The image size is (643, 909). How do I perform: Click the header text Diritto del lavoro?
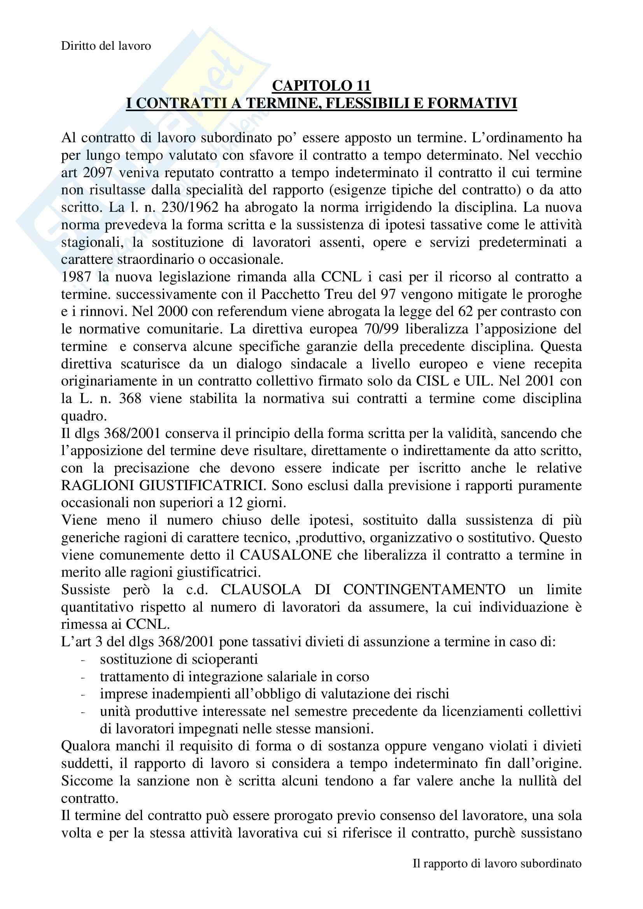tap(106, 46)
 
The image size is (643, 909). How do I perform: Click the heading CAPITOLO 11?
tap(321, 85)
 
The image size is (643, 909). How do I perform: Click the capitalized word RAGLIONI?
tap(92, 485)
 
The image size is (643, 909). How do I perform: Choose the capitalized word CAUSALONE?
tap(286, 555)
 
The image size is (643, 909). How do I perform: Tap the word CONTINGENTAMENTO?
tap(424, 590)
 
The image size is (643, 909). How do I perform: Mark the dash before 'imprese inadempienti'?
tap(83, 694)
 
